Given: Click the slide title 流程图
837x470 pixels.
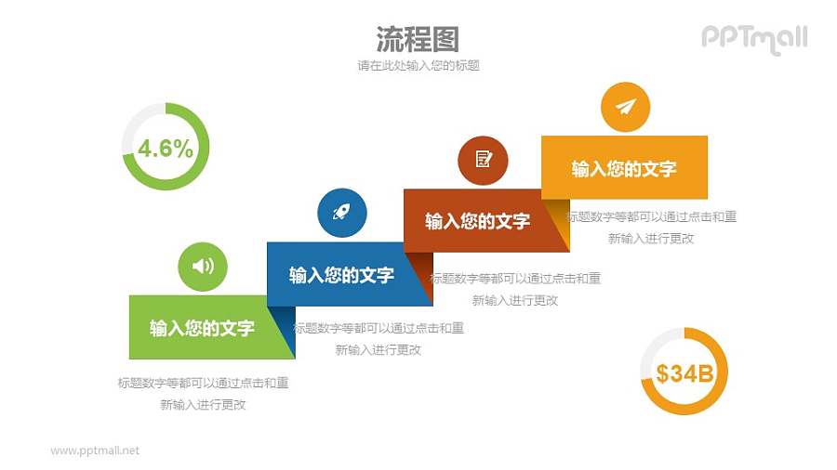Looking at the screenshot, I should (x=418, y=39).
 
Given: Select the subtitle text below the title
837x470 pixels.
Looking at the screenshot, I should (x=418, y=66).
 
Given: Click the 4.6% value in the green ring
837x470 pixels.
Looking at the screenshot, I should (x=165, y=148).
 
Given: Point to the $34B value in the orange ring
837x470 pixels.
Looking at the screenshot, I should (x=684, y=373).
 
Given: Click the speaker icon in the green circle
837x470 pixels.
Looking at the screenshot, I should (x=203, y=267).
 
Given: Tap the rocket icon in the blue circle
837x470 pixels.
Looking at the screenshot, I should (x=341, y=213).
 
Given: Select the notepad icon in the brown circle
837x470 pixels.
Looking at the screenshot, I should (x=483, y=159).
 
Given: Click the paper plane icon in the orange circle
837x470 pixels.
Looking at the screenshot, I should (x=625, y=107).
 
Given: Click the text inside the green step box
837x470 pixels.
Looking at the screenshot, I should (x=202, y=327).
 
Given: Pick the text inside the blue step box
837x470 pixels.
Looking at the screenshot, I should (x=341, y=275).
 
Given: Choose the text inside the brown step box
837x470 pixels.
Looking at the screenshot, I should (x=477, y=221).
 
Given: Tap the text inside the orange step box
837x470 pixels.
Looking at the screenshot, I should (x=623, y=168).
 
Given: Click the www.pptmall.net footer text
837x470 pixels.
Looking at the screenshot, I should (x=95, y=450).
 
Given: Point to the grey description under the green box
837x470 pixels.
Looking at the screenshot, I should (x=203, y=393).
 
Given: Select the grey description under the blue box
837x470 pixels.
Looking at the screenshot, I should (x=378, y=339).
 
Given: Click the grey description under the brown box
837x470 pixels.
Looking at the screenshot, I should (x=514, y=288).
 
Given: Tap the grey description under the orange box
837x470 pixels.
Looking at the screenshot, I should (x=651, y=227).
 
